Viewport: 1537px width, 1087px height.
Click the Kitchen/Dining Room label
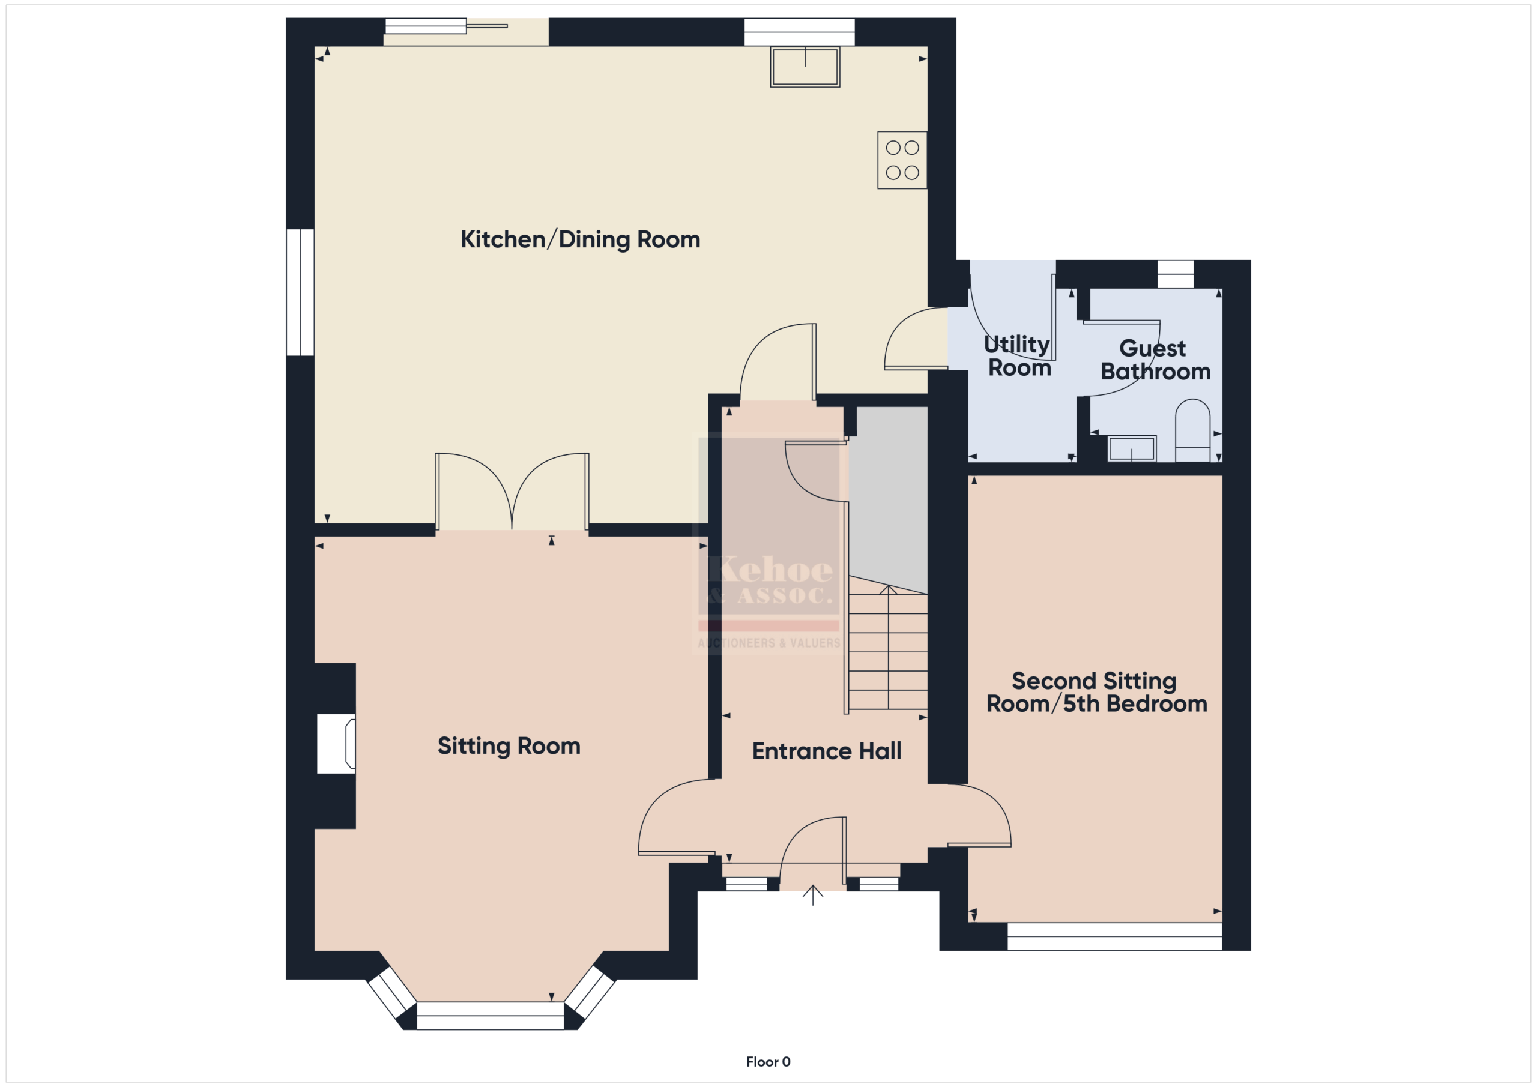coord(581,239)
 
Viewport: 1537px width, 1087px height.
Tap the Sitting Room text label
coord(509,746)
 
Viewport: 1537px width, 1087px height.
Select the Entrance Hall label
coord(827,751)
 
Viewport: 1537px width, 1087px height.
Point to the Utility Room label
coord(1019,356)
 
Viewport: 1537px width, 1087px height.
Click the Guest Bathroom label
coord(1155,360)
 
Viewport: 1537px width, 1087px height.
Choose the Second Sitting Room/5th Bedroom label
coord(1096,692)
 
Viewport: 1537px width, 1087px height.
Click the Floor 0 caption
coord(768,1062)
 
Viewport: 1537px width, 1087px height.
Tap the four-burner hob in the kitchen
coord(902,160)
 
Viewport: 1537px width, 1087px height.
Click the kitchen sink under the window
coord(805,66)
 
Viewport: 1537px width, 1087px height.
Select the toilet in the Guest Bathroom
coord(1192,430)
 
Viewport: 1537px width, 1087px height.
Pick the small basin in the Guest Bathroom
coord(1132,448)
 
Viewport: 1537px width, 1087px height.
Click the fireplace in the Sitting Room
coord(336,744)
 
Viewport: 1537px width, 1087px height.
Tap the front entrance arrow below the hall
coord(813,895)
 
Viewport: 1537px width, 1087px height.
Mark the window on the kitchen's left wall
coord(300,292)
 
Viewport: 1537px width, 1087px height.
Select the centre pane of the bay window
coord(490,1016)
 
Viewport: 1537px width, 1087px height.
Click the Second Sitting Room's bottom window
coord(1114,936)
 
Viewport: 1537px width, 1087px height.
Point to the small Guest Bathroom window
coord(1176,274)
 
